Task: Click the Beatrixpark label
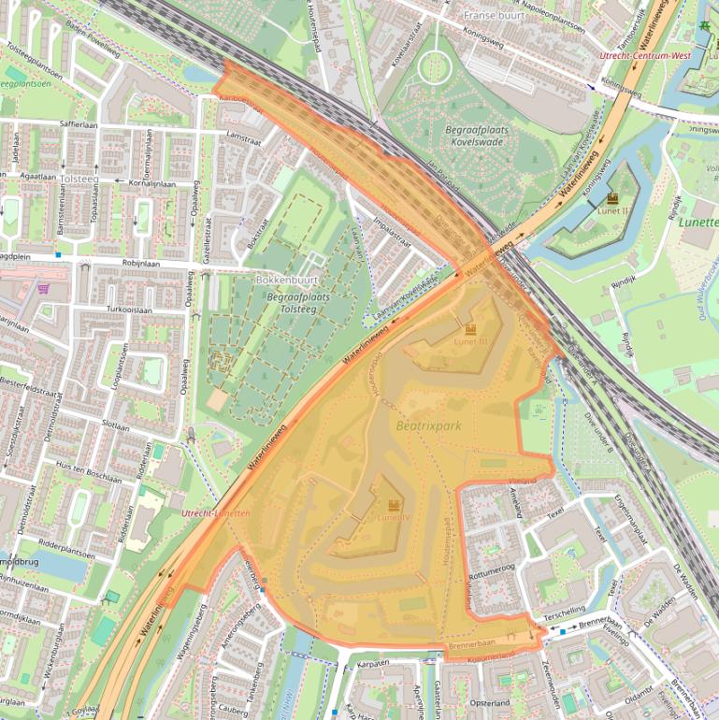(429, 425)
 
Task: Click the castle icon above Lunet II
(612, 199)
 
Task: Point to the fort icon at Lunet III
(470, 329)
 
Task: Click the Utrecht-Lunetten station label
(216, 513)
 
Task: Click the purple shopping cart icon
(43, 289)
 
